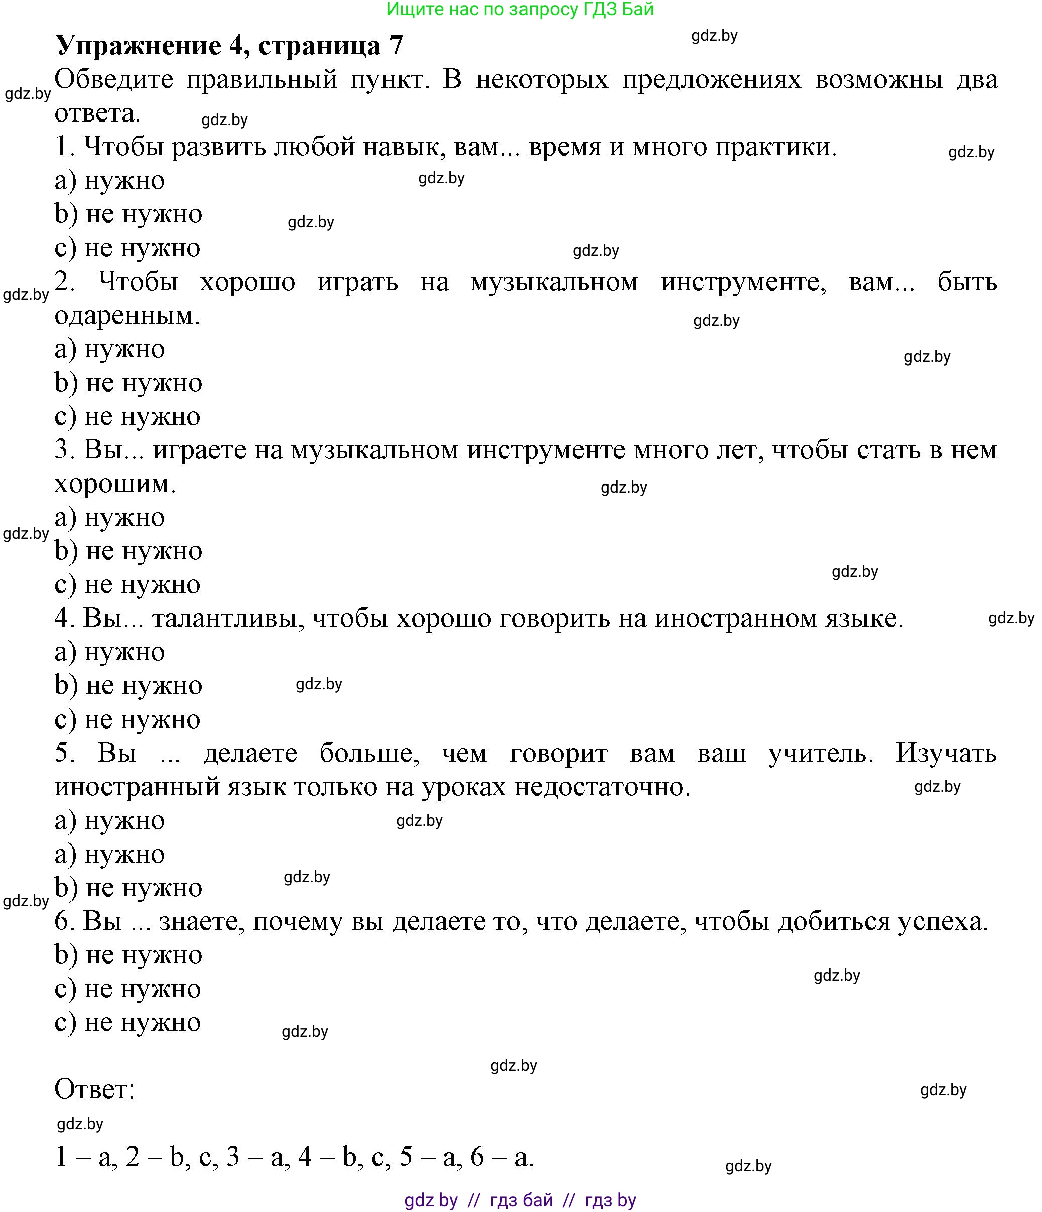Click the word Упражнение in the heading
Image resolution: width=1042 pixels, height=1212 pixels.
(x=138, y=46)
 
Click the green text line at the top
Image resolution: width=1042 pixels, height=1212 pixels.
(x=520, y=10)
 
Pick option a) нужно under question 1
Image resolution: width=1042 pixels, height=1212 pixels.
(x=109, y=181)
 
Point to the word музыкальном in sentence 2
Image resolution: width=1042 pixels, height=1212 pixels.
(x=554, y=283)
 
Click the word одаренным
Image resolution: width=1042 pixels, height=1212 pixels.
(x=127, y=316)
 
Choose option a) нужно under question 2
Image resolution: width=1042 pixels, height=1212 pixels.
(x=109, y=349)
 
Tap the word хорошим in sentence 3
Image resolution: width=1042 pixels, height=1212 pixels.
(x=114, y=484)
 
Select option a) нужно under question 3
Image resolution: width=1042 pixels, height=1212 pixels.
(x=109, y=518)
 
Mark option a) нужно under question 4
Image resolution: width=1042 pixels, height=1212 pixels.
(x=109, y=652)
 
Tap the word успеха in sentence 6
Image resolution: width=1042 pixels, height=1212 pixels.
(x=943, y=922)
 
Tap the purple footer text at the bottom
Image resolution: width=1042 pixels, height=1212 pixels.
(x=520, y=1200)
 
